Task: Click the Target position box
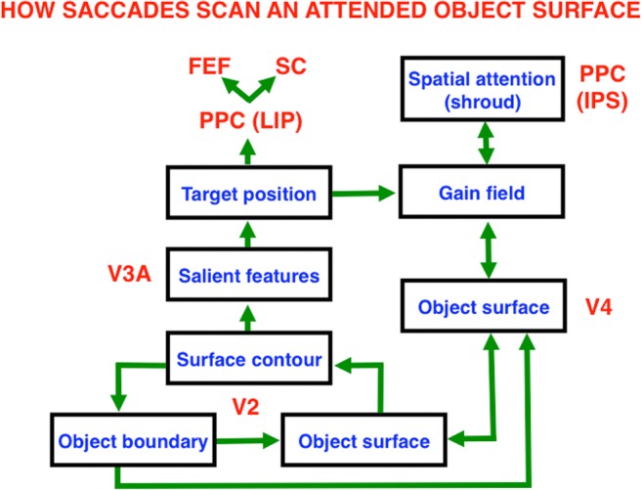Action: tap(249, 193)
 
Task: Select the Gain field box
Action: tap(482, 192)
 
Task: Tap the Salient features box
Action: tap(249, 275)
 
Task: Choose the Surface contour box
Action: tap(249, 358)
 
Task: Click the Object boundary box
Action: tap(133, 440)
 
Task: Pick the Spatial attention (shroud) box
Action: tap(483, 89)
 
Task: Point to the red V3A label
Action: tap(129, 274)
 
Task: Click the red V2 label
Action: tap(245, 407)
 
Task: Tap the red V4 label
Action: tap(599, 307)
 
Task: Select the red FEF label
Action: tap(209, 66)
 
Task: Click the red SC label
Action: tap(290, 66)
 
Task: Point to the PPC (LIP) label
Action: tap(250, 120)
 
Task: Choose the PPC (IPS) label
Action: tap(602, 87)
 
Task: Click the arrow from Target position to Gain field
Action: tap(364, 193)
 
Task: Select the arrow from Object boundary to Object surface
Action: tap(247, 441)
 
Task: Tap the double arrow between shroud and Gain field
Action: tap(486, 143)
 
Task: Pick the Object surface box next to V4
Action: tap(484, 305)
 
